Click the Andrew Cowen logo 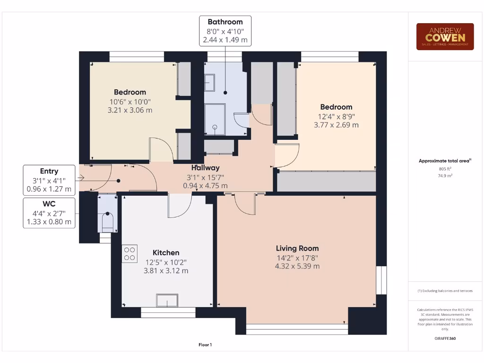[x=445, y=37]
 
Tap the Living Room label [x=297, y=248]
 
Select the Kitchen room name [x=166, y=253]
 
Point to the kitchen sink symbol [x=167, y=300]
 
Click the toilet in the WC [x=108, y=222]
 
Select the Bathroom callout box [x=225, y=31]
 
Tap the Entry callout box [x=49, y=180]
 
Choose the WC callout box [x=49, y=213]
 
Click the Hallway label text [x=205, y=168]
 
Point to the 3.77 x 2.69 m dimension [x=336, y=125]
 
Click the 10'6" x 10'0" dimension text [x=130, y=101]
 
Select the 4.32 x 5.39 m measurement [x=297, y=266]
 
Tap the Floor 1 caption [x=205, y=345]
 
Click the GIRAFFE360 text [x=445, y=338]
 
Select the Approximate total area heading [x=445, y=161]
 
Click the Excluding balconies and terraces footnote [x=445, y=291]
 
